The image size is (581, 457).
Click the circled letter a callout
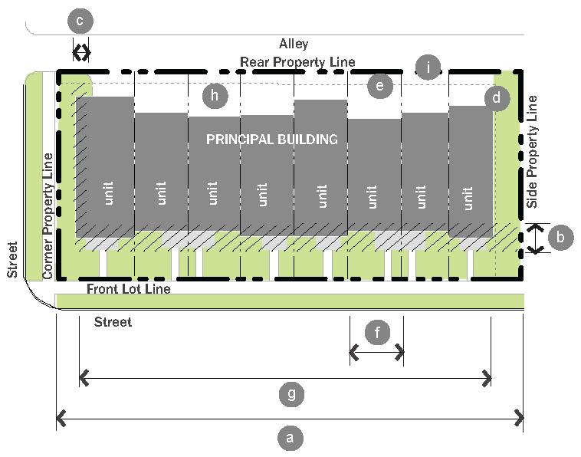pyautogui.click(x=289, y=438)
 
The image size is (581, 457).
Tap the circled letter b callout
pyautogui.click(x=561, y=238)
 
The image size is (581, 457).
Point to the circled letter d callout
pyautogui.click(x=497, y=97)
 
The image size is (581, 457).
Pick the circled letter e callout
pyautogui.click(x=379, y=84)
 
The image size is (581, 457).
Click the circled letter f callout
pyautogui.click(x=376, y=333)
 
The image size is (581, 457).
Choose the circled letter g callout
pyautogui.click(x=290, y=395)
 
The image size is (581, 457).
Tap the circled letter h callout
pyautogui.click(x=215, y=96)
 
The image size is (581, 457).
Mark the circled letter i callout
pyautogui.click(x=428, y=67)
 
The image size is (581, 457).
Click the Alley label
pyautogui.click(x=294, y=44)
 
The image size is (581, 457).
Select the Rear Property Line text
pyautogui.click(x=297, y=61)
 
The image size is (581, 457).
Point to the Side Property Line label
pyautogui.click(x=533, y=152)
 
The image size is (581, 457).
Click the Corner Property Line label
pyautogui.click(x=48, y=215)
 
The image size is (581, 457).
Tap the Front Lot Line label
pyautogui.click(x=128, y=289)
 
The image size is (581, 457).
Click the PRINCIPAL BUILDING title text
pyautogui.click(x=272, y=140)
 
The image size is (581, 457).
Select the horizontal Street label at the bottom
pyautogui.click(x=113, y=322)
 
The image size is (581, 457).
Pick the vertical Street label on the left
pyautogui.click(x=11, y=260)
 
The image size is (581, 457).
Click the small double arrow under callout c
pyautogui.click(x=81, y=52)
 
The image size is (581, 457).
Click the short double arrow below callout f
pyautogui.click(x=376, y=353)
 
